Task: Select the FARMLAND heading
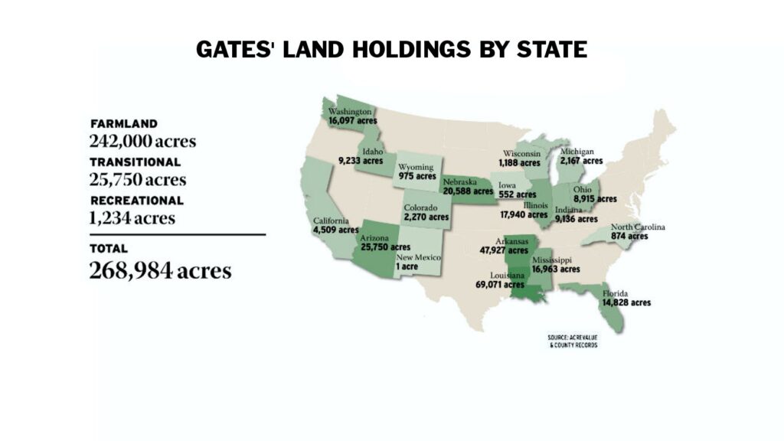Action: click(123, 123)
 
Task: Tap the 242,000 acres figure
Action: click(142, 142)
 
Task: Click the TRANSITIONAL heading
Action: click(135, 162)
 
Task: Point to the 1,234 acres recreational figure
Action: click(132, 218)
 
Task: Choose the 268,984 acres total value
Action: click(160, 270)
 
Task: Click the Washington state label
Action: click(349, 112)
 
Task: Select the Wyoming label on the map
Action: click(416, 166)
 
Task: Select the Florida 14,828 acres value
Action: click(626, 302)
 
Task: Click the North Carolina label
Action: click(638, 227)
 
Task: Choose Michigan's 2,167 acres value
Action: click(581, 161)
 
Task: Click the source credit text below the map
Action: click(573, 341)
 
